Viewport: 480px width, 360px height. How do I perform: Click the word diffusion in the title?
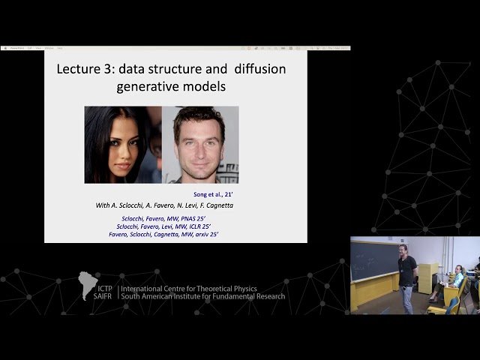click(x=253, y=69)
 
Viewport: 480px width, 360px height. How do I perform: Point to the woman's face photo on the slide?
click(x=122, y=144)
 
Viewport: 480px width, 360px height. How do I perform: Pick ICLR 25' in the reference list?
click(x=214, y=226)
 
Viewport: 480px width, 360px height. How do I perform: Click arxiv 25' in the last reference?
click(x=220, y=235)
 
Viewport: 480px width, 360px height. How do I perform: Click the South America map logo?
click(x=87, y=285)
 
